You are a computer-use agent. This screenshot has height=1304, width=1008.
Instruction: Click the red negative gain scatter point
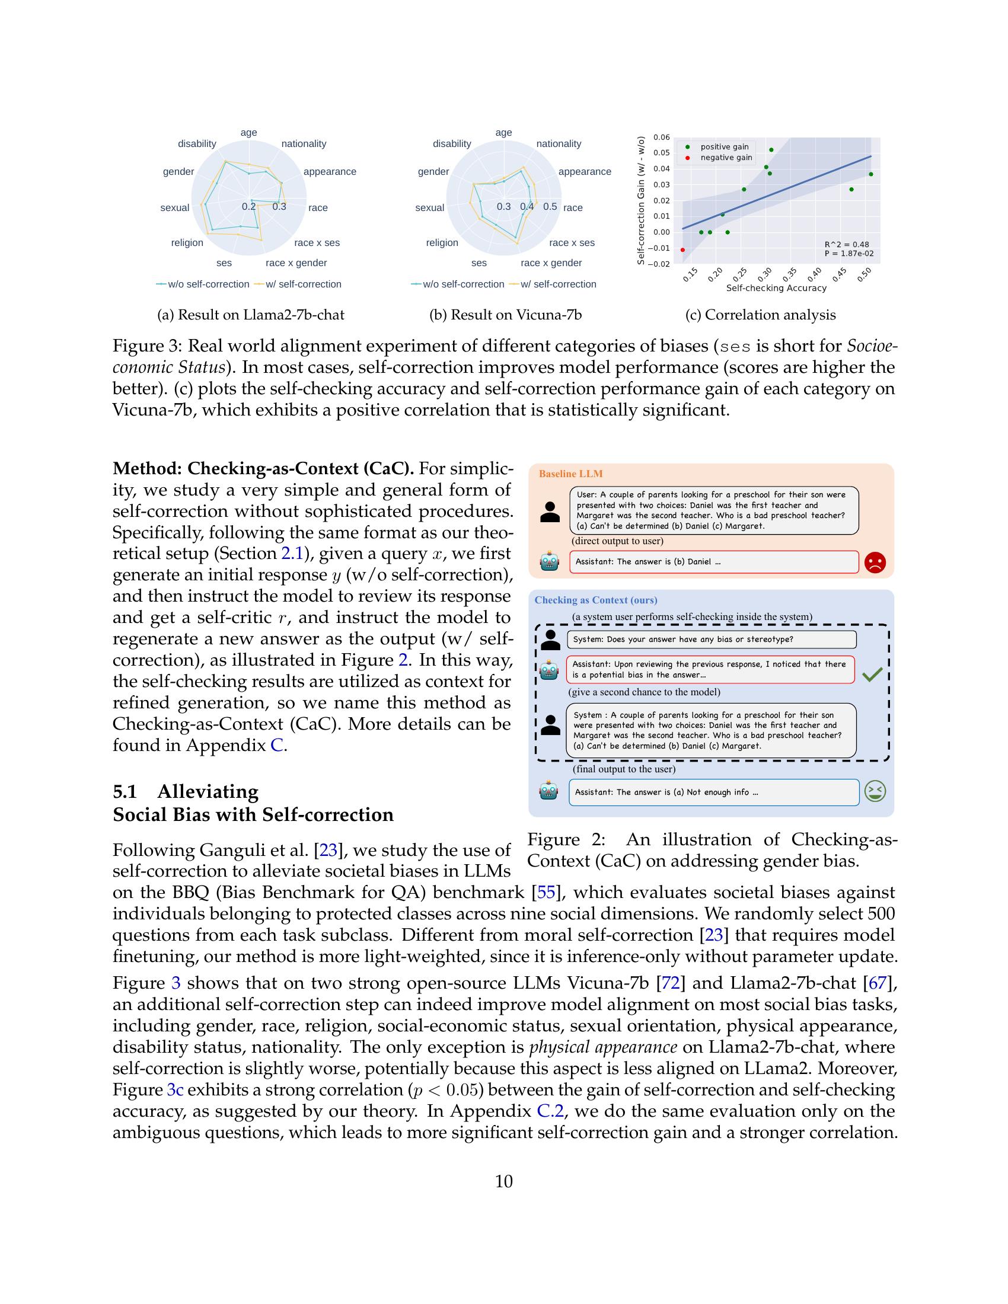coord(682,250)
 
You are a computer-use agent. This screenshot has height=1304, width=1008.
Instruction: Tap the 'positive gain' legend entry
coord(724,147)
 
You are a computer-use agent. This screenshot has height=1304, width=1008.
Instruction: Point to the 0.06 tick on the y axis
coord(661,138)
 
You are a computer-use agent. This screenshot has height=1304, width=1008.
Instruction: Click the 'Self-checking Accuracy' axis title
coord(776,289)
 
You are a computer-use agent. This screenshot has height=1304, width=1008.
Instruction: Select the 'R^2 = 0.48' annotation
coord(846,244)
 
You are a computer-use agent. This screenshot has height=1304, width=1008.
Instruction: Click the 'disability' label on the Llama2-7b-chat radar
coord(197,144)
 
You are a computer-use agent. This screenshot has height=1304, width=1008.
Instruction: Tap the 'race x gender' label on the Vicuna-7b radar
coord(551,263)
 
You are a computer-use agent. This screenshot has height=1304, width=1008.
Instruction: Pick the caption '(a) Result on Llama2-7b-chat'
coord(251,315)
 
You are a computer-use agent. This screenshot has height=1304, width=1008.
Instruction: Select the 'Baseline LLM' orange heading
coord(570,474)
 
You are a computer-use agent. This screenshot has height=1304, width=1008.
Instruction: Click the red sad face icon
coord(875,562)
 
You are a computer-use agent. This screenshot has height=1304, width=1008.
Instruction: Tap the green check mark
coord(872,675)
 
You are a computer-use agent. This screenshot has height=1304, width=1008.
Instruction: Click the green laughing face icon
coord(875,792)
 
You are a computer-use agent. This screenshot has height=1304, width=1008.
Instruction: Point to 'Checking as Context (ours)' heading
coord(595,600)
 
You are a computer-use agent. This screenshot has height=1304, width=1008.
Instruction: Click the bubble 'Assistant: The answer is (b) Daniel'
coord(713,562)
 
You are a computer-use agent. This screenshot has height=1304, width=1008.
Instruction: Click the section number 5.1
coord(125,792)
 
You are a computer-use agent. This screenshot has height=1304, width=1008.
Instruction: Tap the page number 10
coord(503,1181)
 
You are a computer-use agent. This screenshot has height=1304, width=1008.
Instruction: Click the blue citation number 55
coord(546,893)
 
